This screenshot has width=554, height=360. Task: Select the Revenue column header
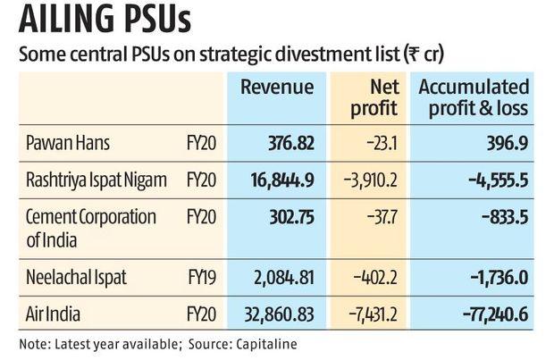tap(277, 88)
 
